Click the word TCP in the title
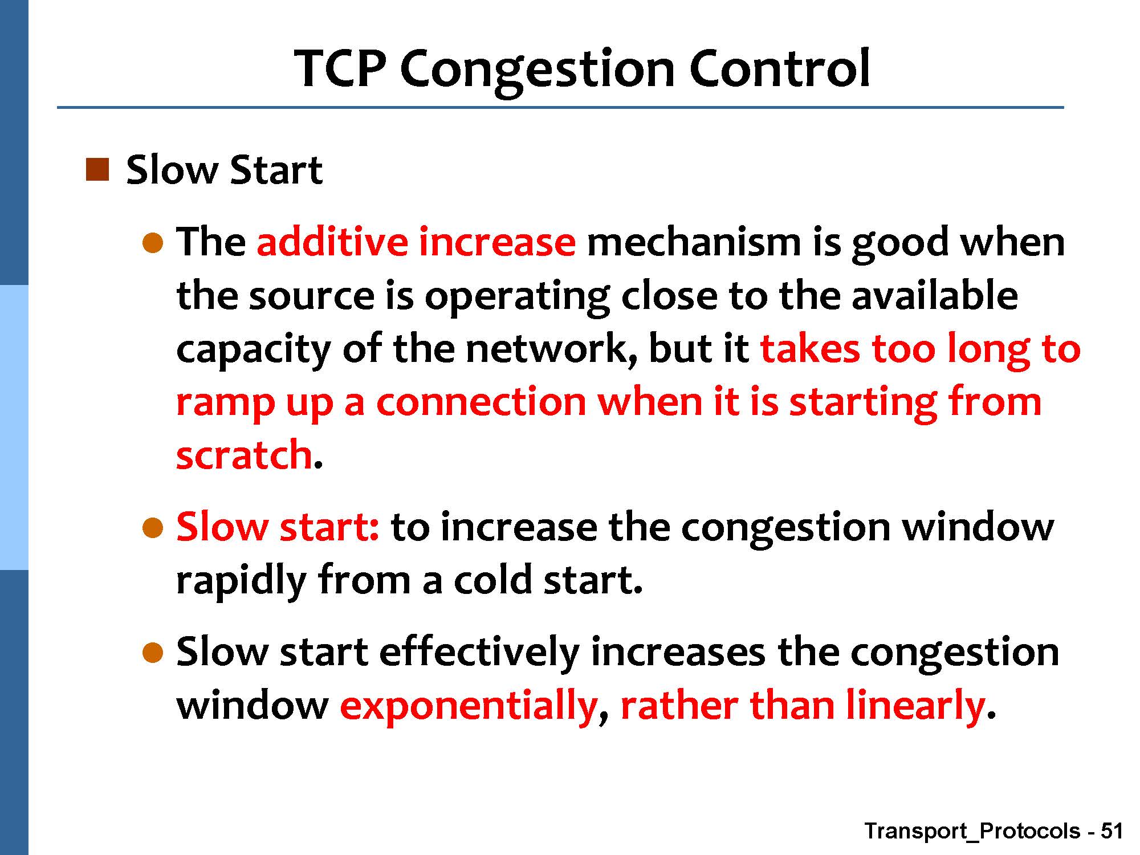tap(341, 68)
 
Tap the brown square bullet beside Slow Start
tap(96, 170)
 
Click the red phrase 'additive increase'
tap(416, 241)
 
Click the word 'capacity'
tap(254, 349)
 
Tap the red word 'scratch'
tap(245, 454)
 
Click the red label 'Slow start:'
tap(278, 526)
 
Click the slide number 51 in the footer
tap(1111, 831)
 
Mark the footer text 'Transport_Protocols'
tap(972, 832)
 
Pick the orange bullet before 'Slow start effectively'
tap(153, 653)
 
